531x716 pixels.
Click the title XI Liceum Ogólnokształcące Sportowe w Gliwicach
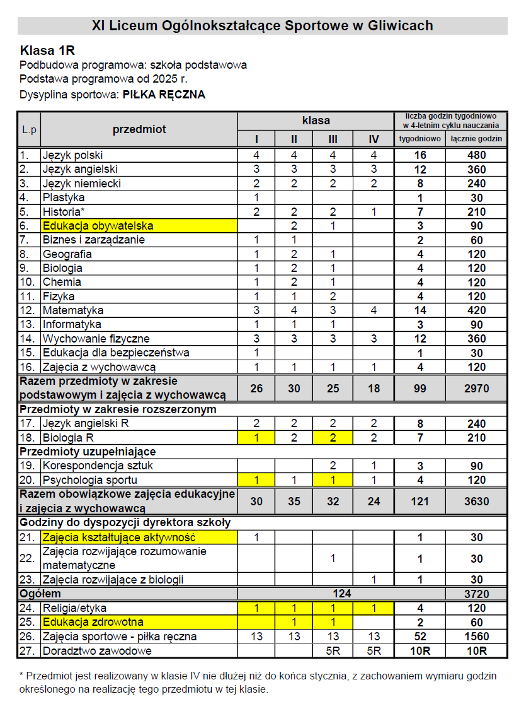262,26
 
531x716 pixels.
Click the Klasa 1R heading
48,50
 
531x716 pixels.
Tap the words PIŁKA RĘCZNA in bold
164,95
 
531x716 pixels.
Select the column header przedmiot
139,129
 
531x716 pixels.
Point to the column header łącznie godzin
476,139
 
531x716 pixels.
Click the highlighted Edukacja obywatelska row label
98,226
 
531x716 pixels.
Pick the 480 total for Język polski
476,155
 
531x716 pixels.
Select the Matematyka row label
73,310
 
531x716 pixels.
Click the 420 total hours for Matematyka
476,310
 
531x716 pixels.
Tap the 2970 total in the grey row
476,388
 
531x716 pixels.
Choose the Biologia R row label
69,438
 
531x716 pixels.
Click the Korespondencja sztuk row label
98,466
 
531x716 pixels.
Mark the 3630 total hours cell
476,501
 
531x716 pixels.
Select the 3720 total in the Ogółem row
476,594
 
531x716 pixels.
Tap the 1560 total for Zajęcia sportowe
476,637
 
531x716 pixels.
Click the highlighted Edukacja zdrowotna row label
93,622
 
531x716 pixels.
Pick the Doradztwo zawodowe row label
97,650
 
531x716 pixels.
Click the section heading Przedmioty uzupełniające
88,452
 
